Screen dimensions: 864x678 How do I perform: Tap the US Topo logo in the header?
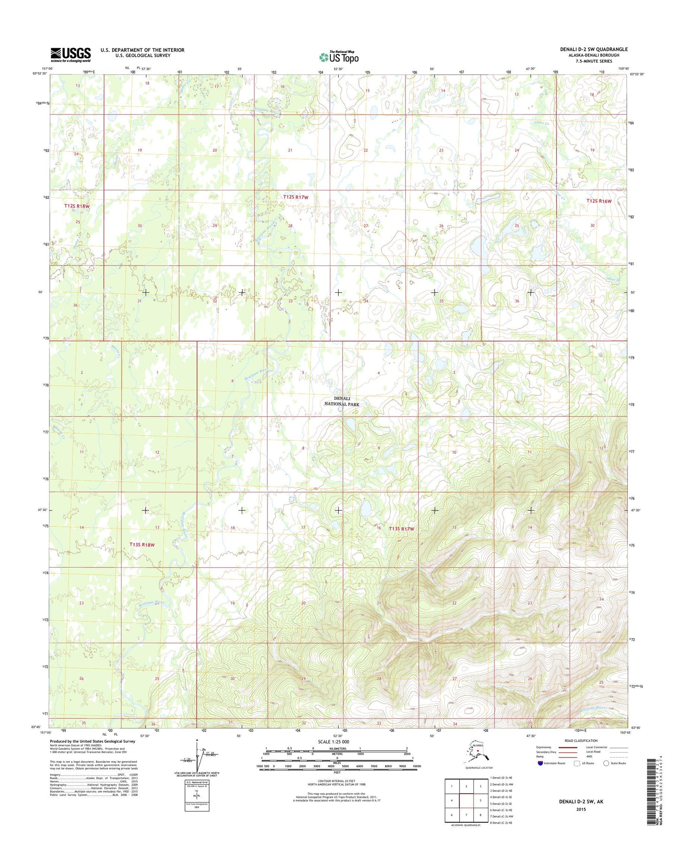(339, 57)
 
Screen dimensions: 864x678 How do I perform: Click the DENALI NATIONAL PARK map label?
(342, 401)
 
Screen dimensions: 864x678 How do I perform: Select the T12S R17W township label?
(296, 197)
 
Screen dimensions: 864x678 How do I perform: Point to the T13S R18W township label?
(142, 545)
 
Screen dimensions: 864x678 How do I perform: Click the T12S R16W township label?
(599, 201)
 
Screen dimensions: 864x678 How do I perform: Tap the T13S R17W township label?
(402, 529)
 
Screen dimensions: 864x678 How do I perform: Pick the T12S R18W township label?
(77, 206)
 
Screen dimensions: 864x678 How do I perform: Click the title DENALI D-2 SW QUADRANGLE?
(593, 49)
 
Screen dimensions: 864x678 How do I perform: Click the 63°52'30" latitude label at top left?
(39, 74)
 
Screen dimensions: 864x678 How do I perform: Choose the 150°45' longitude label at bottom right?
(625, 732)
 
